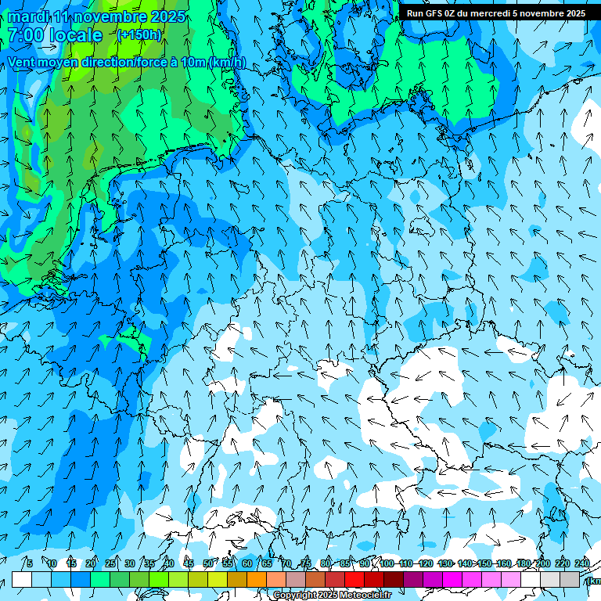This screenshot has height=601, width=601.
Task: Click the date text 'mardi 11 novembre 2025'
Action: point(96,16)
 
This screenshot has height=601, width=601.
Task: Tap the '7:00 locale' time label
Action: point(55,35)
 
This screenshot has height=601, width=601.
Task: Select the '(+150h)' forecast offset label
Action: point(139,35)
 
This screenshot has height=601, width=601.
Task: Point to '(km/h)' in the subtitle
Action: point(228,63)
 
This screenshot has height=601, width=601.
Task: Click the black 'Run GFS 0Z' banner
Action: point(495,13)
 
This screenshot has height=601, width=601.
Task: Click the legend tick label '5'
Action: point(29,563)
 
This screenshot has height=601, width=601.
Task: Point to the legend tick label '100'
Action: point(387,563)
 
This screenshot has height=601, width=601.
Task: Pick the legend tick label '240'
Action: point(582,563)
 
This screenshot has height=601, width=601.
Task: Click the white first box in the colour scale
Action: point(22,579)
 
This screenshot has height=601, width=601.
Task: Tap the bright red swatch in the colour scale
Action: point(354,579)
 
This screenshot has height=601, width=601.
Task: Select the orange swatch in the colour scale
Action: point(257,579)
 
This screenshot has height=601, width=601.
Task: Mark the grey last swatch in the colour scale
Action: point(570,579)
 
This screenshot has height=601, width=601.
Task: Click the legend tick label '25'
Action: point(110,563)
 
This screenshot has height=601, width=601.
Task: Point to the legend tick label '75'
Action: point(306,563)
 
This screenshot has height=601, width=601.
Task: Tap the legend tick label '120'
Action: point(426,563)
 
